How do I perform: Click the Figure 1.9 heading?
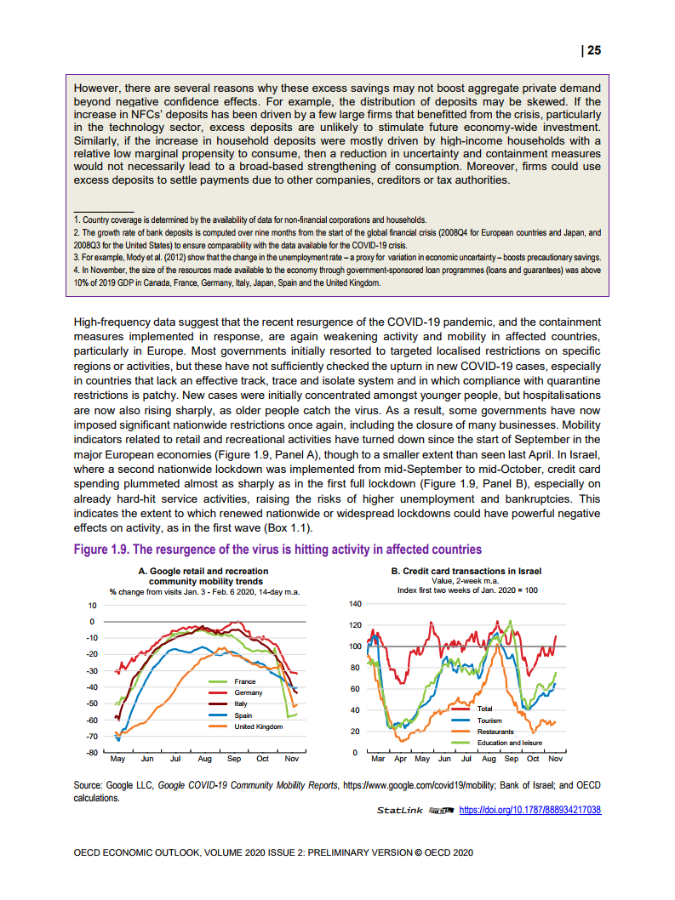click(x=277, y=550)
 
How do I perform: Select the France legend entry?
click(x=244, y=682)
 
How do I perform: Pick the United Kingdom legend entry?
click(x=258, y=726)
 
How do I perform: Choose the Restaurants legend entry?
click(x=495, y=732)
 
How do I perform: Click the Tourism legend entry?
click(x=489, y=721)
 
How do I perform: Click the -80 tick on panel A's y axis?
click(x=91, y=753)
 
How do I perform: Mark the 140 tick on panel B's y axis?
click(x=356, y=604)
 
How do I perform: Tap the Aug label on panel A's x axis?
click(x=204, y=758)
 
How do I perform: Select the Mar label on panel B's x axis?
click(x=378, y=758)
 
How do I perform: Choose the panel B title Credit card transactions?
click(x=466, y=572)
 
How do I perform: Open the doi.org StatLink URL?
click(x=529, y=811)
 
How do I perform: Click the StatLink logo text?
click(x=399, y=811)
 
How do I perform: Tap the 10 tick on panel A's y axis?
click(x=92, y=605)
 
